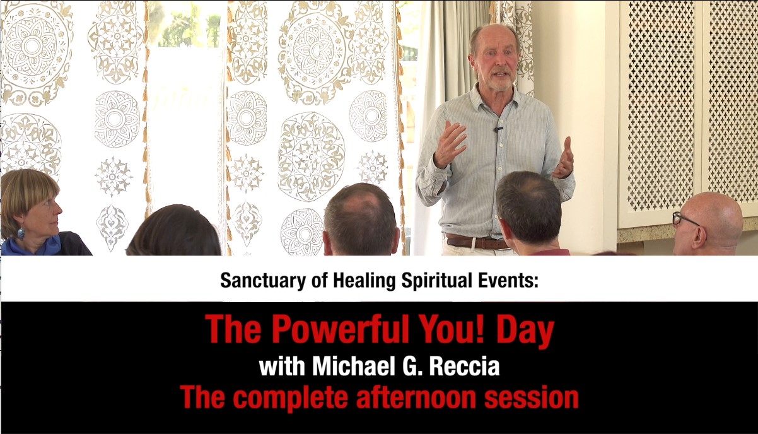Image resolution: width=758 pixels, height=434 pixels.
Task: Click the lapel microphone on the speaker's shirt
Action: pos(498,129)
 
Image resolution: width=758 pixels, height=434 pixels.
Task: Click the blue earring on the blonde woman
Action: pos(21,233)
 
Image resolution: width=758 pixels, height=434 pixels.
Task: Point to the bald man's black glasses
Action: pos(684,218)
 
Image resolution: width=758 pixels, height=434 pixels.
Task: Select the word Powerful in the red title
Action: pos(339,329)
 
